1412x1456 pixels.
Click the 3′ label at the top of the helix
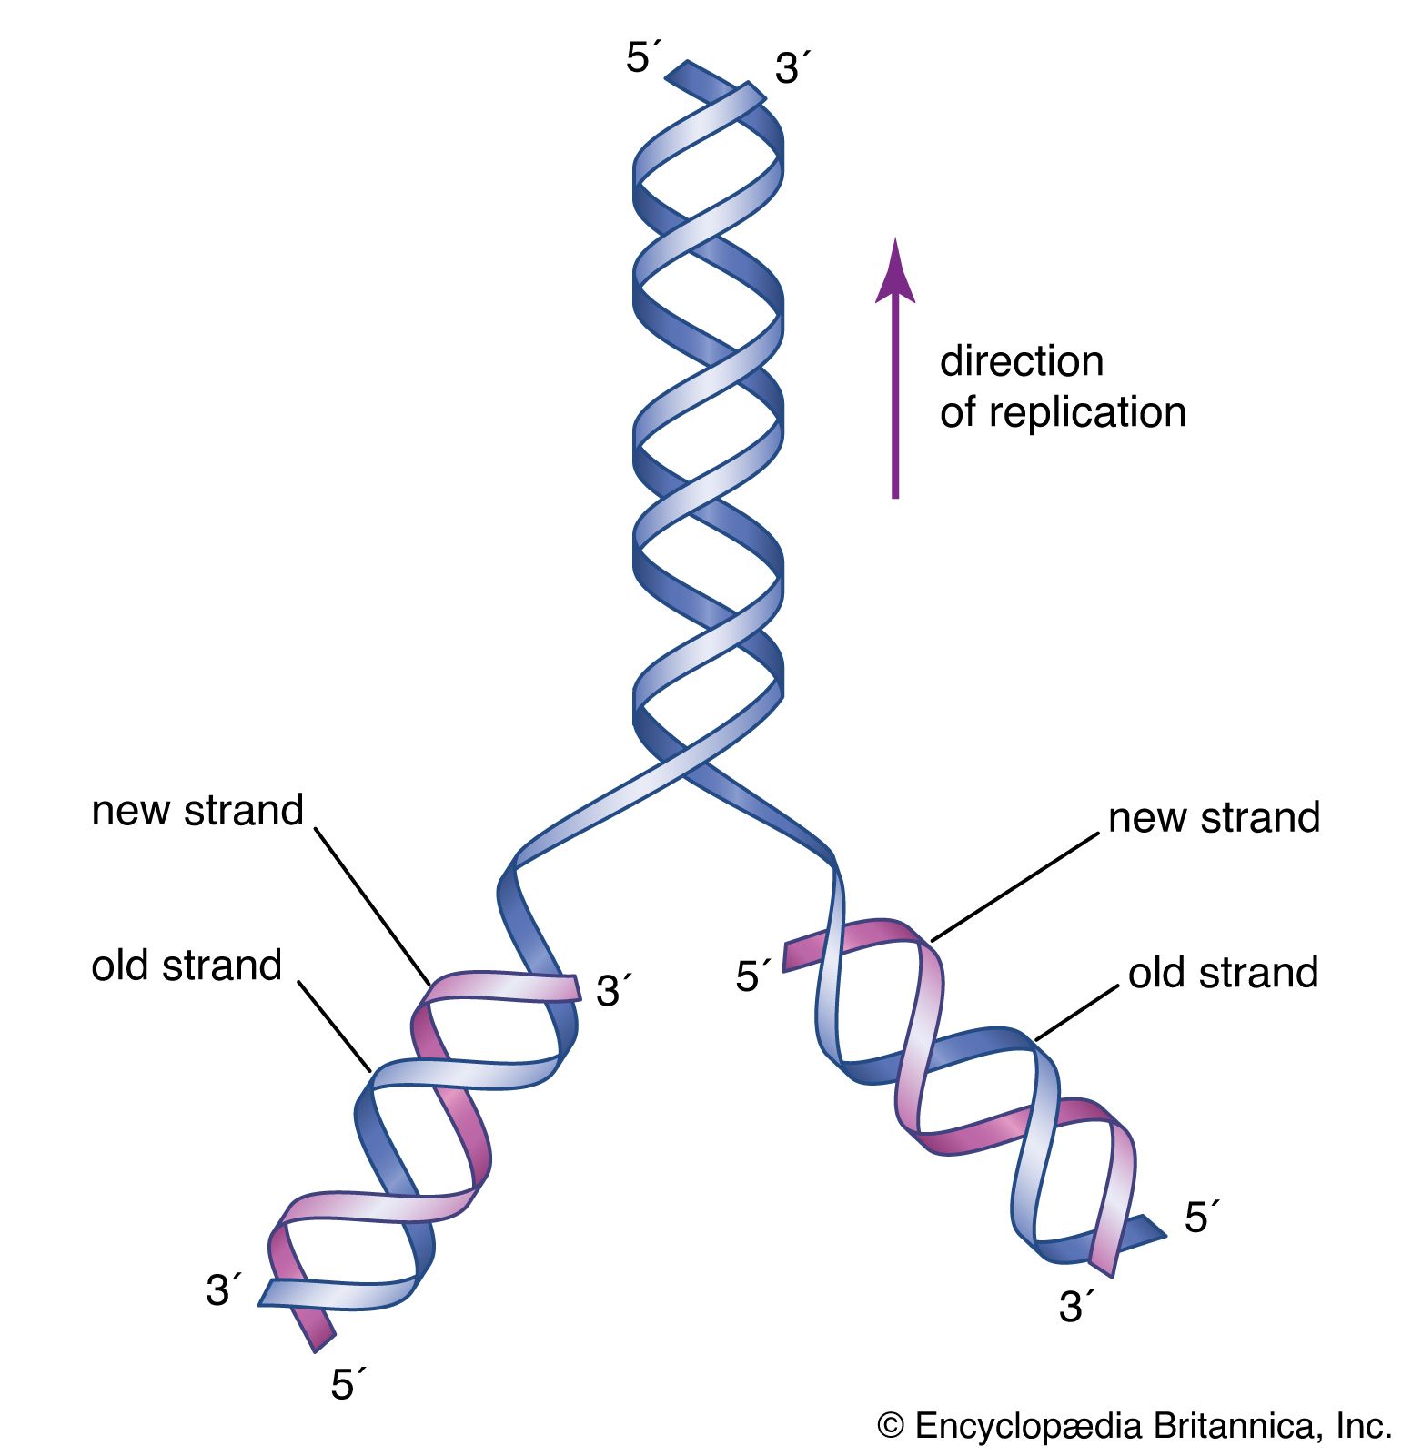791,69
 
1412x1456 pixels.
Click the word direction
1021,361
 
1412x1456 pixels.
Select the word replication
1087,412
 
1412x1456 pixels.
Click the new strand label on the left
197,810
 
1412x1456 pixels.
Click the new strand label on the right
1213,817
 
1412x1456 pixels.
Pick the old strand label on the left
187,966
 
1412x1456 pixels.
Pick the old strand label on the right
1223,973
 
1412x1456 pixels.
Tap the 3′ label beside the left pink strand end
612,991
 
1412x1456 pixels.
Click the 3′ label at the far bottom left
223,1290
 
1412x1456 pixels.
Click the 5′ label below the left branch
347,1384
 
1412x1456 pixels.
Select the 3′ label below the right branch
1074,1308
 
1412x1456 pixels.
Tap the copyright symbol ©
891,1425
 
